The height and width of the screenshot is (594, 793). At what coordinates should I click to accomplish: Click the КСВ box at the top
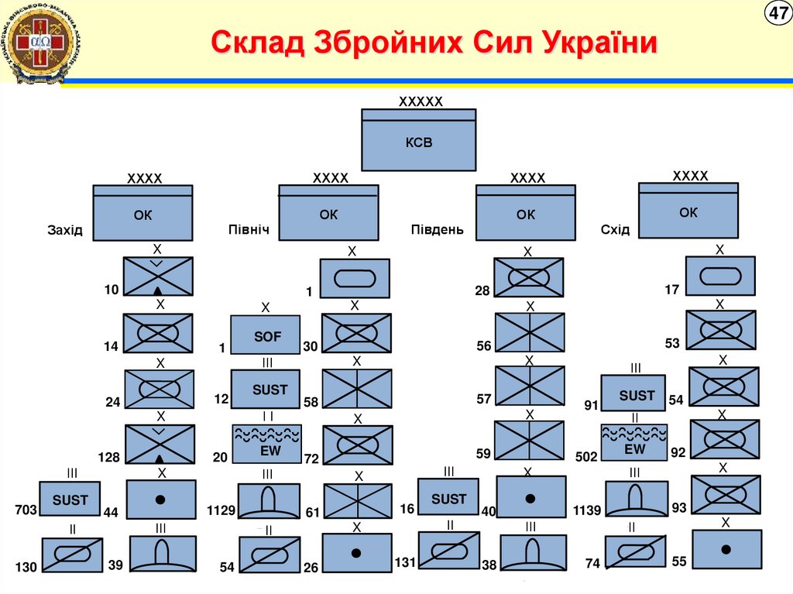419,140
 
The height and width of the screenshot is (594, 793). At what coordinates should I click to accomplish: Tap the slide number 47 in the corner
777,13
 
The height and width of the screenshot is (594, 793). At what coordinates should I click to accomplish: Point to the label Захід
64,230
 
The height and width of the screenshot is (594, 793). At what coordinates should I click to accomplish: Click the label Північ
249,230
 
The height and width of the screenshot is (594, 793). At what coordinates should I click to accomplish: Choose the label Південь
437,230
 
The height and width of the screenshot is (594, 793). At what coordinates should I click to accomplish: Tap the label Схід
615,230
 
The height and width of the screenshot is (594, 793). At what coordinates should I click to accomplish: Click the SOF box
266,336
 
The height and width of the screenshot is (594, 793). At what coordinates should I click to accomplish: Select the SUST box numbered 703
70,500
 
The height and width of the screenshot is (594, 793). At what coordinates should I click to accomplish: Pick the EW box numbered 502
634,443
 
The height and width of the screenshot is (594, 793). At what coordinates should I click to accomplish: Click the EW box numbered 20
266,443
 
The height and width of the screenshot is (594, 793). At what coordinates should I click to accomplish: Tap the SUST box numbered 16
448,497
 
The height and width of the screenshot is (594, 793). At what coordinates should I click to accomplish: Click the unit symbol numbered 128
159,444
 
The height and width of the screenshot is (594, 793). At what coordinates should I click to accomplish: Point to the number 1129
221,510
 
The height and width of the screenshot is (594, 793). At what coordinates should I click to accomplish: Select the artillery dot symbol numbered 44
161,500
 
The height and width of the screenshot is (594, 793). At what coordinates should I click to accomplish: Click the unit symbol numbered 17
720,276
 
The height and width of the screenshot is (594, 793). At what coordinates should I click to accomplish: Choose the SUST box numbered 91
637,394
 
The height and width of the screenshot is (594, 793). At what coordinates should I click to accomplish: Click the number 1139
587,510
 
